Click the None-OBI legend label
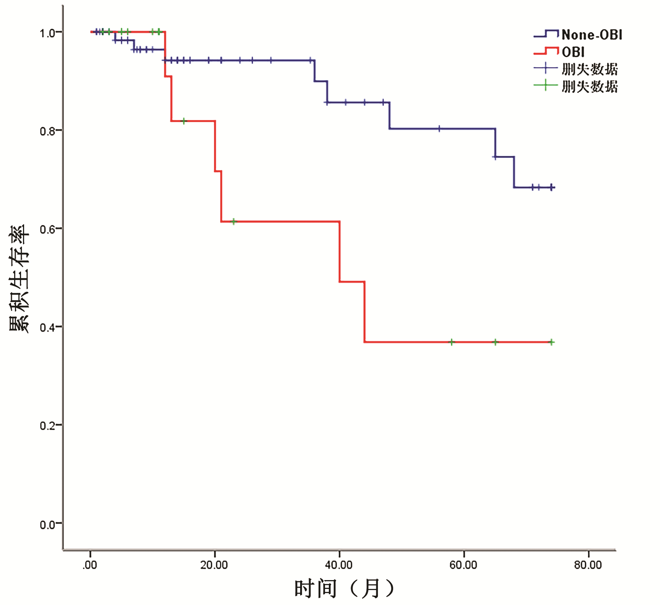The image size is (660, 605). point(591,35)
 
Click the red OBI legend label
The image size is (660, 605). point(573,52)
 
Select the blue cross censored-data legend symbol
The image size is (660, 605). point(546,69)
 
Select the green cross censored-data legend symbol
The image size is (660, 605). point(546,85)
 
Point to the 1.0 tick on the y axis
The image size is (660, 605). point(48,33)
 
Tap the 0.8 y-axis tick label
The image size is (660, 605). point(48,131)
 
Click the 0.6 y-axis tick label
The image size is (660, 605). point(48,229)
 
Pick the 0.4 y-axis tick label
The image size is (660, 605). point(48,328)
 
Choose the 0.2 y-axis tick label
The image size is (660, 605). point(48,426)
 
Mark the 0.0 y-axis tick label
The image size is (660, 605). point(48,524)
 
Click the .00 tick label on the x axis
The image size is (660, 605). point(90,565)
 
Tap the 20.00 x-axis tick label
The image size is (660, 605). point(214,565)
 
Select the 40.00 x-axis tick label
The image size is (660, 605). point(339,565)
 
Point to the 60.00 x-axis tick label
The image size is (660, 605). point(463,565)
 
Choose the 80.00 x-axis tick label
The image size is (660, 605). point(588,565)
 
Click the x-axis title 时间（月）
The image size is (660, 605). point(344,589)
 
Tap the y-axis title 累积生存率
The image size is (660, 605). point(19,278)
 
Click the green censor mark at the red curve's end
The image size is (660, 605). point(551,342)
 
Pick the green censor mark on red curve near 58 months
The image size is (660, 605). point(452,342)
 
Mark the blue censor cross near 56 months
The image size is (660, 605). point(439,129)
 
